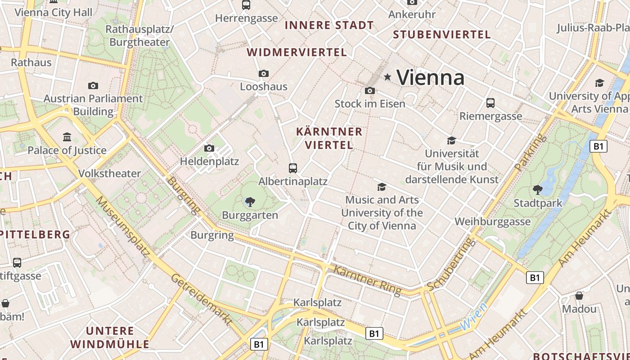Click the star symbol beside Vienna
387,77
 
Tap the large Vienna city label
430,77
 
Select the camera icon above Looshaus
264,73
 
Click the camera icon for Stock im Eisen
370,90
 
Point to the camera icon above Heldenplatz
209,148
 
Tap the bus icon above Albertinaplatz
293,168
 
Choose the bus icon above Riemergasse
490,103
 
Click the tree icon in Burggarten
250,202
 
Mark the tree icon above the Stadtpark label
537,189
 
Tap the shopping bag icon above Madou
579,296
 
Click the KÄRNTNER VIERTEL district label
329,138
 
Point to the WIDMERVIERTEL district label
297,53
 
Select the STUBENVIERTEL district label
442,35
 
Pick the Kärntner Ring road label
368,280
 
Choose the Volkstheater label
109,174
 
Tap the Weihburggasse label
492,222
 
